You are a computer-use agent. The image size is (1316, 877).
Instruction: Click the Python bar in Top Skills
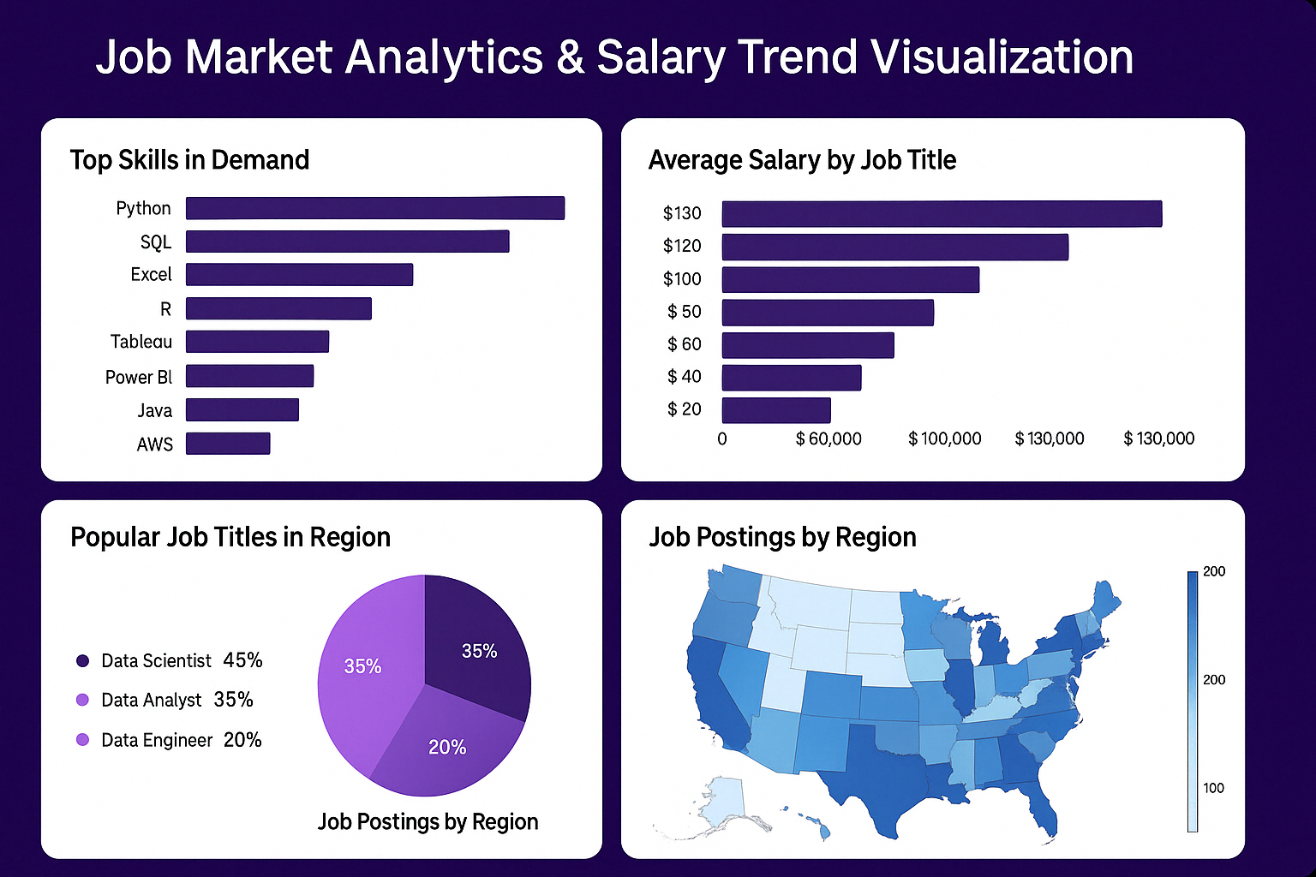[375, 208]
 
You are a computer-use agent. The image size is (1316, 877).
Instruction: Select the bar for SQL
[347, 242]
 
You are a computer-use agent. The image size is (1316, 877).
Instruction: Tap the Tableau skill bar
[257, 342]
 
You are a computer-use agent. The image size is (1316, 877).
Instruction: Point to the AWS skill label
[155, 444]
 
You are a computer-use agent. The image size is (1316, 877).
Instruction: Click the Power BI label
[139, 377]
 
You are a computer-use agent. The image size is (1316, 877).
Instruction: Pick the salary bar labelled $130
[942, 214]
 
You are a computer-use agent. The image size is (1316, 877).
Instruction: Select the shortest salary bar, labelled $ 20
[776, 410]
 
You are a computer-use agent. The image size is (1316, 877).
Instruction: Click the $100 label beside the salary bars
[682, 279]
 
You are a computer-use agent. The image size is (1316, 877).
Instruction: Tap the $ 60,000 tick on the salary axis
[828, 439]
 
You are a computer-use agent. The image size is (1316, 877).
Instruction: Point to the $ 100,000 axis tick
[945, 439]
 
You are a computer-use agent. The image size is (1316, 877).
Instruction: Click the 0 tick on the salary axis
[722, 439]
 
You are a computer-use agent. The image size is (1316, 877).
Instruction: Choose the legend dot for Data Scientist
[83, 660]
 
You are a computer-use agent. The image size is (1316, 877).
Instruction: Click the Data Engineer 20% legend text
[182, 740]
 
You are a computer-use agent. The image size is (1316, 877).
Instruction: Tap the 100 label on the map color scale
[1213, 788]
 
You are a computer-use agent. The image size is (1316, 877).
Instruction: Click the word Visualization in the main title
[1002, 57]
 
